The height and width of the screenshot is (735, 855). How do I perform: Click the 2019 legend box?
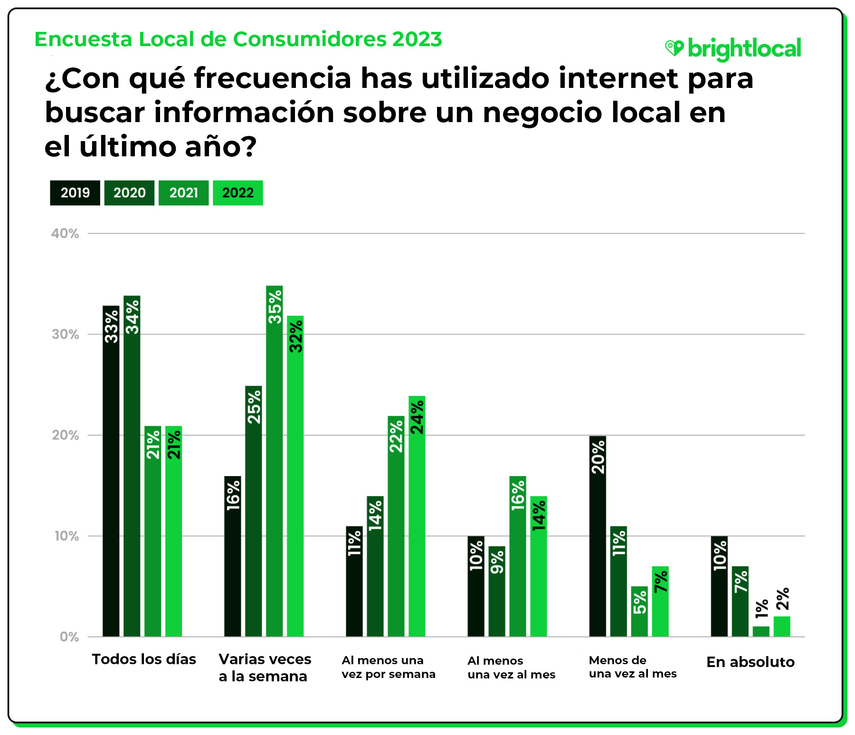[75, 193]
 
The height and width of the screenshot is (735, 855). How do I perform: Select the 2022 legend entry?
[237, 193]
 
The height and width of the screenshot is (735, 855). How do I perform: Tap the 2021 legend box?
[183, 193]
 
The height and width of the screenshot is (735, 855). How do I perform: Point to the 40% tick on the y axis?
[65, 233]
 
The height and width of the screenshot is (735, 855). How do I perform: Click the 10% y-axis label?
[66, 536]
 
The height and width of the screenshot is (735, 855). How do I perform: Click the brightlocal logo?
[733, 49]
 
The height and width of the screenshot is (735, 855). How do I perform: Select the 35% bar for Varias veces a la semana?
[275, 461]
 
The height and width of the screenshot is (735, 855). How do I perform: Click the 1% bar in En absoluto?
[761, 631]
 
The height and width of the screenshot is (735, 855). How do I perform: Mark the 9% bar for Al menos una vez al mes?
[497, 591]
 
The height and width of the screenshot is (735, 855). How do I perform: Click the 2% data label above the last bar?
[782, 599]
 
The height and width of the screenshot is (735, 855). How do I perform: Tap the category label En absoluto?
[750, 662]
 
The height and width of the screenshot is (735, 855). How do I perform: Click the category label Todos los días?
[144, 659]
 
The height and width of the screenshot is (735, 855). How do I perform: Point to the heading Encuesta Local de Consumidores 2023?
[238, 39]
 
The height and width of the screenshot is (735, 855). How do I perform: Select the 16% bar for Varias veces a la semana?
[233, 556]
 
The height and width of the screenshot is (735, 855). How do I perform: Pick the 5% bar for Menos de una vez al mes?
[639, 611]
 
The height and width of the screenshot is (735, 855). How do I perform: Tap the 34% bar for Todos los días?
[132, 466]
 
